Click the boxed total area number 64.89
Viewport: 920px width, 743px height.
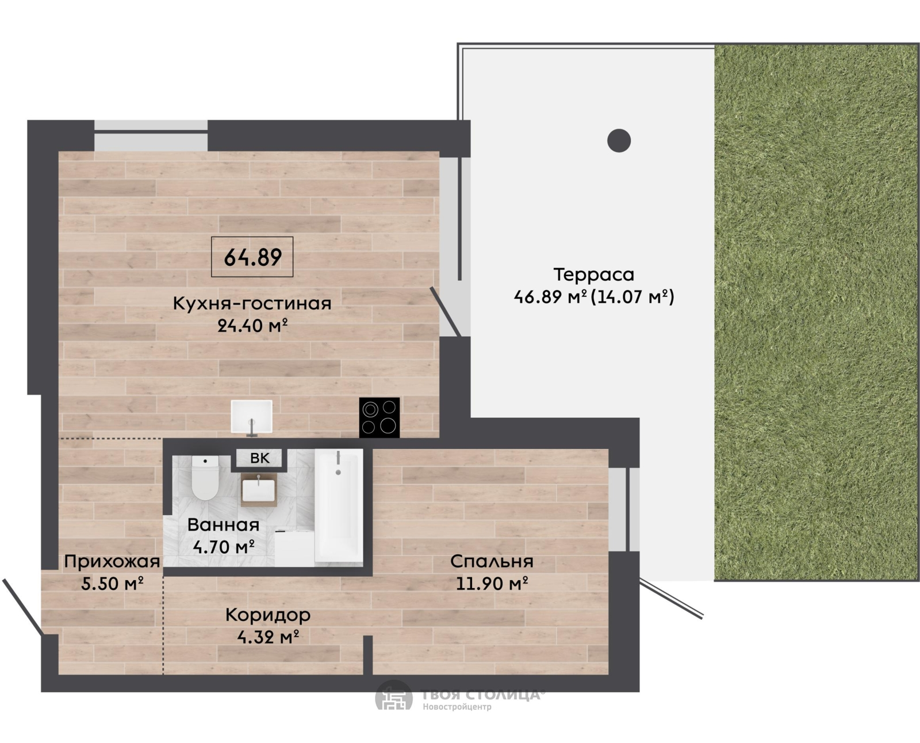(252, 257)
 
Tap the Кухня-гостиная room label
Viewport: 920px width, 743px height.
(252, 303)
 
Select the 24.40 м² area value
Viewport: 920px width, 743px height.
(252, 326)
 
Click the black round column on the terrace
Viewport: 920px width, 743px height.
(619, 140)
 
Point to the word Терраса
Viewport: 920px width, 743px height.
(594, 275)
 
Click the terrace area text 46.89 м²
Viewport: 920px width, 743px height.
(550, 296)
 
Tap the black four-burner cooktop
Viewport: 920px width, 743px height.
(379, 417)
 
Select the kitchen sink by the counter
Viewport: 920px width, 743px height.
(252, 417)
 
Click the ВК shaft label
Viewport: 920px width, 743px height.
(260, 458)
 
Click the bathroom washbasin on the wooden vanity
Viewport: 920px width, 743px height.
(259, 490)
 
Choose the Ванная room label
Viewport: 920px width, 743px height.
(223, 525)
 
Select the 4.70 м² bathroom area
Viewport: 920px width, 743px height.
(224, 547)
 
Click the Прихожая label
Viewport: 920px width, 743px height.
(112, 562)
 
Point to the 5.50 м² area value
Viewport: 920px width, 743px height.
(112, 584)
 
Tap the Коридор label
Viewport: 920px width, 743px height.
(268, 615)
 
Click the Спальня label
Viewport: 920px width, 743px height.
(492, 562)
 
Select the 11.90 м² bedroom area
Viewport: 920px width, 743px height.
(492, 584)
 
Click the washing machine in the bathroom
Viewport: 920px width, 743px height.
(294, 548)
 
